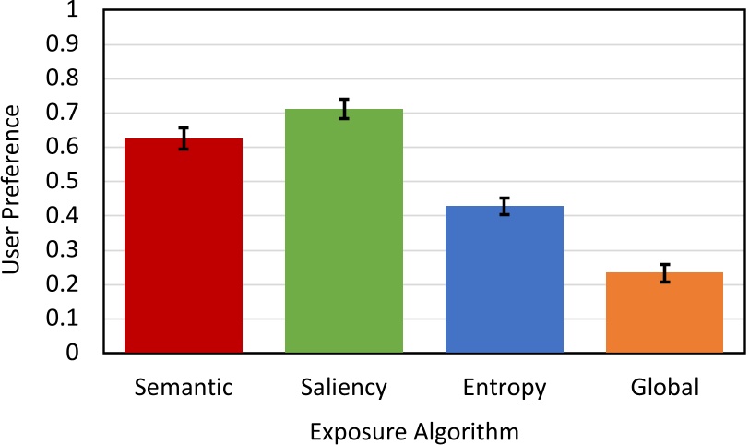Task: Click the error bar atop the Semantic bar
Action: pos(184,138)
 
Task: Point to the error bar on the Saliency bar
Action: pos(344,109)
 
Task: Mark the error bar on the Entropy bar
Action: pos(505,206)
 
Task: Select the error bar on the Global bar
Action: pos(664,273)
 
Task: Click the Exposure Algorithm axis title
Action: pos(414,431)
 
